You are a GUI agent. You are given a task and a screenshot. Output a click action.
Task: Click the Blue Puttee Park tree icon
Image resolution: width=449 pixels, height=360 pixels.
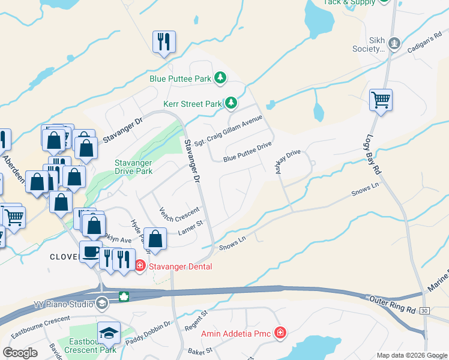pos(221,78)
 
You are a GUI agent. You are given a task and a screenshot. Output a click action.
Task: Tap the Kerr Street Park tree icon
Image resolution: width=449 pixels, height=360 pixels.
pos(231,103)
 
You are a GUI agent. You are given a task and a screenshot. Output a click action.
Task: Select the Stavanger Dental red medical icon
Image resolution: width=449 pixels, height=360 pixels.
pos(139,265)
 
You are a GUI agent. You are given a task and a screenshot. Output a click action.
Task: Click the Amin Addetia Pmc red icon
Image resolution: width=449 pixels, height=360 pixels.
pos(280,332)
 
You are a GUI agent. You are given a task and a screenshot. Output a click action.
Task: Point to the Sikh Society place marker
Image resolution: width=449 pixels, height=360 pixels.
pos(394,43)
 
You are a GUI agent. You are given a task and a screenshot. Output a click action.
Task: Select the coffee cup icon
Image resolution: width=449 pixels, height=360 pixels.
pos(91,252)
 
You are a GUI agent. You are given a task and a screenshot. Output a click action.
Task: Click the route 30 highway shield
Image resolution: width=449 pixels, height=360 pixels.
pos(425,310)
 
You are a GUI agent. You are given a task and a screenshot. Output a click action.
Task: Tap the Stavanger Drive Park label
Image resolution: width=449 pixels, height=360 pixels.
pos(133,167)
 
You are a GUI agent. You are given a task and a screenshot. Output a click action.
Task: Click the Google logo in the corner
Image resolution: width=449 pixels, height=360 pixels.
pos(20,353)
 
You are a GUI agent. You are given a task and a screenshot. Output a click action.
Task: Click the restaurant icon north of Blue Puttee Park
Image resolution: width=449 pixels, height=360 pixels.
pos(163,41)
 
